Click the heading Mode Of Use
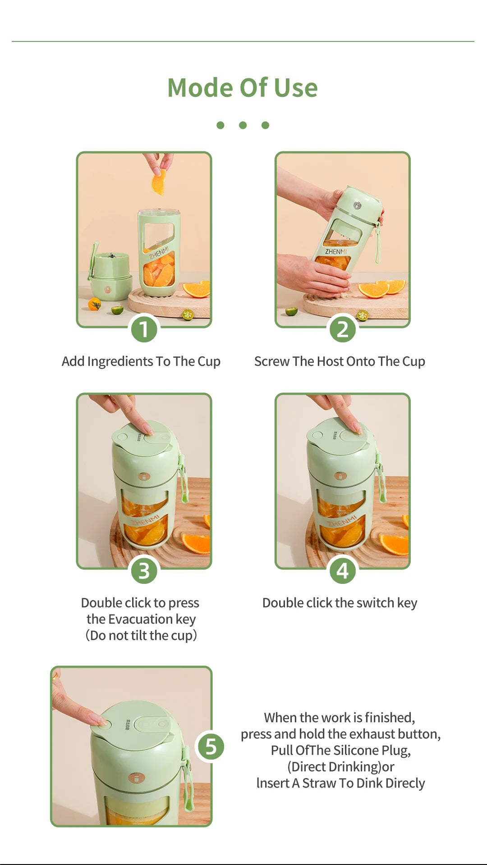243,87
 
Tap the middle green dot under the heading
243,125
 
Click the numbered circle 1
144,329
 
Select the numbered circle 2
343,329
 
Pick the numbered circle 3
144,571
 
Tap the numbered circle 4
343,571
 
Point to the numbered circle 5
211,747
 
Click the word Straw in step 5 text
319,783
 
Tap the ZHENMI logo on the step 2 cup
336,251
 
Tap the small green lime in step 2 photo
291,311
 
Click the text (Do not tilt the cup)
141,635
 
